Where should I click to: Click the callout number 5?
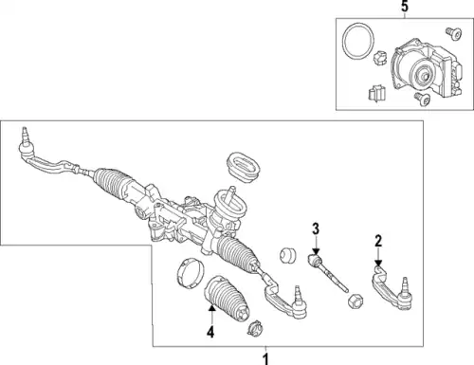tap(405, 7)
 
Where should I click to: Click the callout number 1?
tap(266, 359)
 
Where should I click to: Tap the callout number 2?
tap(378, 241)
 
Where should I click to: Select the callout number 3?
tap(316, 228)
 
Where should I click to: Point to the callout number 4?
tap(210, 332)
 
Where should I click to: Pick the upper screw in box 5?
tap(454, 33)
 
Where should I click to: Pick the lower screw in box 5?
tap(422, 99)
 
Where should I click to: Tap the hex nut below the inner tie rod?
tap(355, 301)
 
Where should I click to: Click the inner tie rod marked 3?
tap(327, 272)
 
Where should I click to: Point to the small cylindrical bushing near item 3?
tap(288, 255)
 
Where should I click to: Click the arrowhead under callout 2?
tap(378, 263)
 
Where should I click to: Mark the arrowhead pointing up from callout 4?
tap(211, 307)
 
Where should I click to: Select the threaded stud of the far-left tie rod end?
tap(26, 135)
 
